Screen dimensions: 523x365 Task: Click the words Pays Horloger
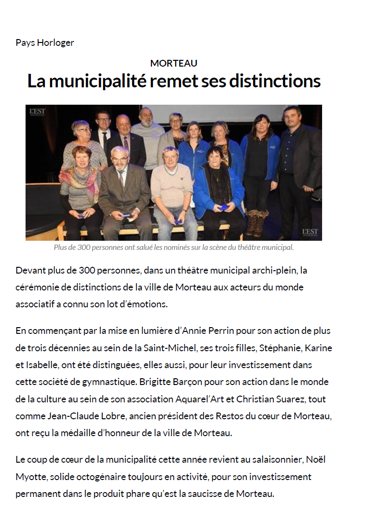pos(45,42)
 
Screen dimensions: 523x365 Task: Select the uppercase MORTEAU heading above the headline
pos(174,63)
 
